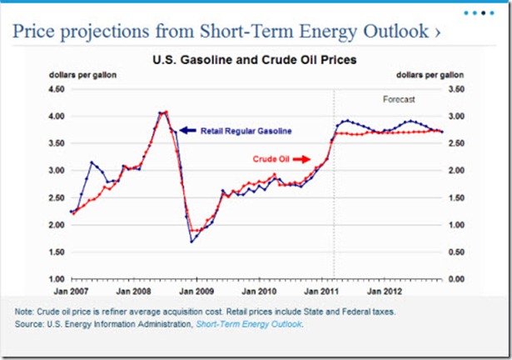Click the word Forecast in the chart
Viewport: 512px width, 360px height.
(398, 98)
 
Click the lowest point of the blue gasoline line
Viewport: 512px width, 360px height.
(192, 242)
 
